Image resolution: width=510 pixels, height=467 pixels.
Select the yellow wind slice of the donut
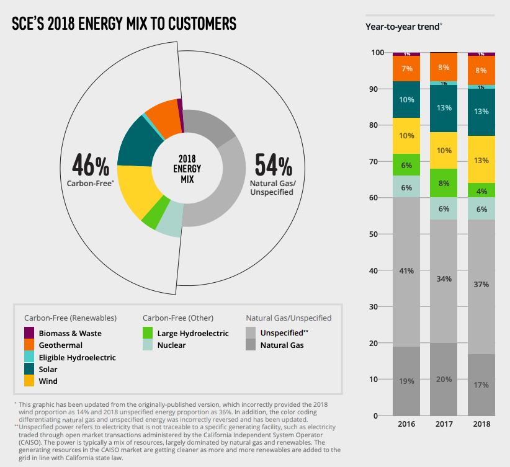point(134,192)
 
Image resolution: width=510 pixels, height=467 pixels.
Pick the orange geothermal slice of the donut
point(163,113)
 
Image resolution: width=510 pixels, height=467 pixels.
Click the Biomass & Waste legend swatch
point(29,333)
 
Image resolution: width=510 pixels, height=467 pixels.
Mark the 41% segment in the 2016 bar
point(406,272)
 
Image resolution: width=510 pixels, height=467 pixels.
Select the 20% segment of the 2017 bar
point(444,379)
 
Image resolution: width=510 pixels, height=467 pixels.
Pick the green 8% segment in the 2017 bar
point(444,183)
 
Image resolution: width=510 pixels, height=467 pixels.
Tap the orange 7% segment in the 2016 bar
point(406,69)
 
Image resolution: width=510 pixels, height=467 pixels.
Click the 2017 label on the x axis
point(444,424)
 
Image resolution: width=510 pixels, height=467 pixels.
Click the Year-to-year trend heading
point(403,27)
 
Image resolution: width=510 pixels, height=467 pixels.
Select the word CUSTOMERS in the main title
point(195,24)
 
